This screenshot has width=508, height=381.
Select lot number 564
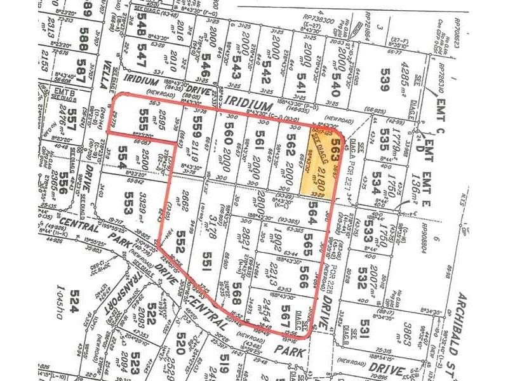click(x=312, y=210)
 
